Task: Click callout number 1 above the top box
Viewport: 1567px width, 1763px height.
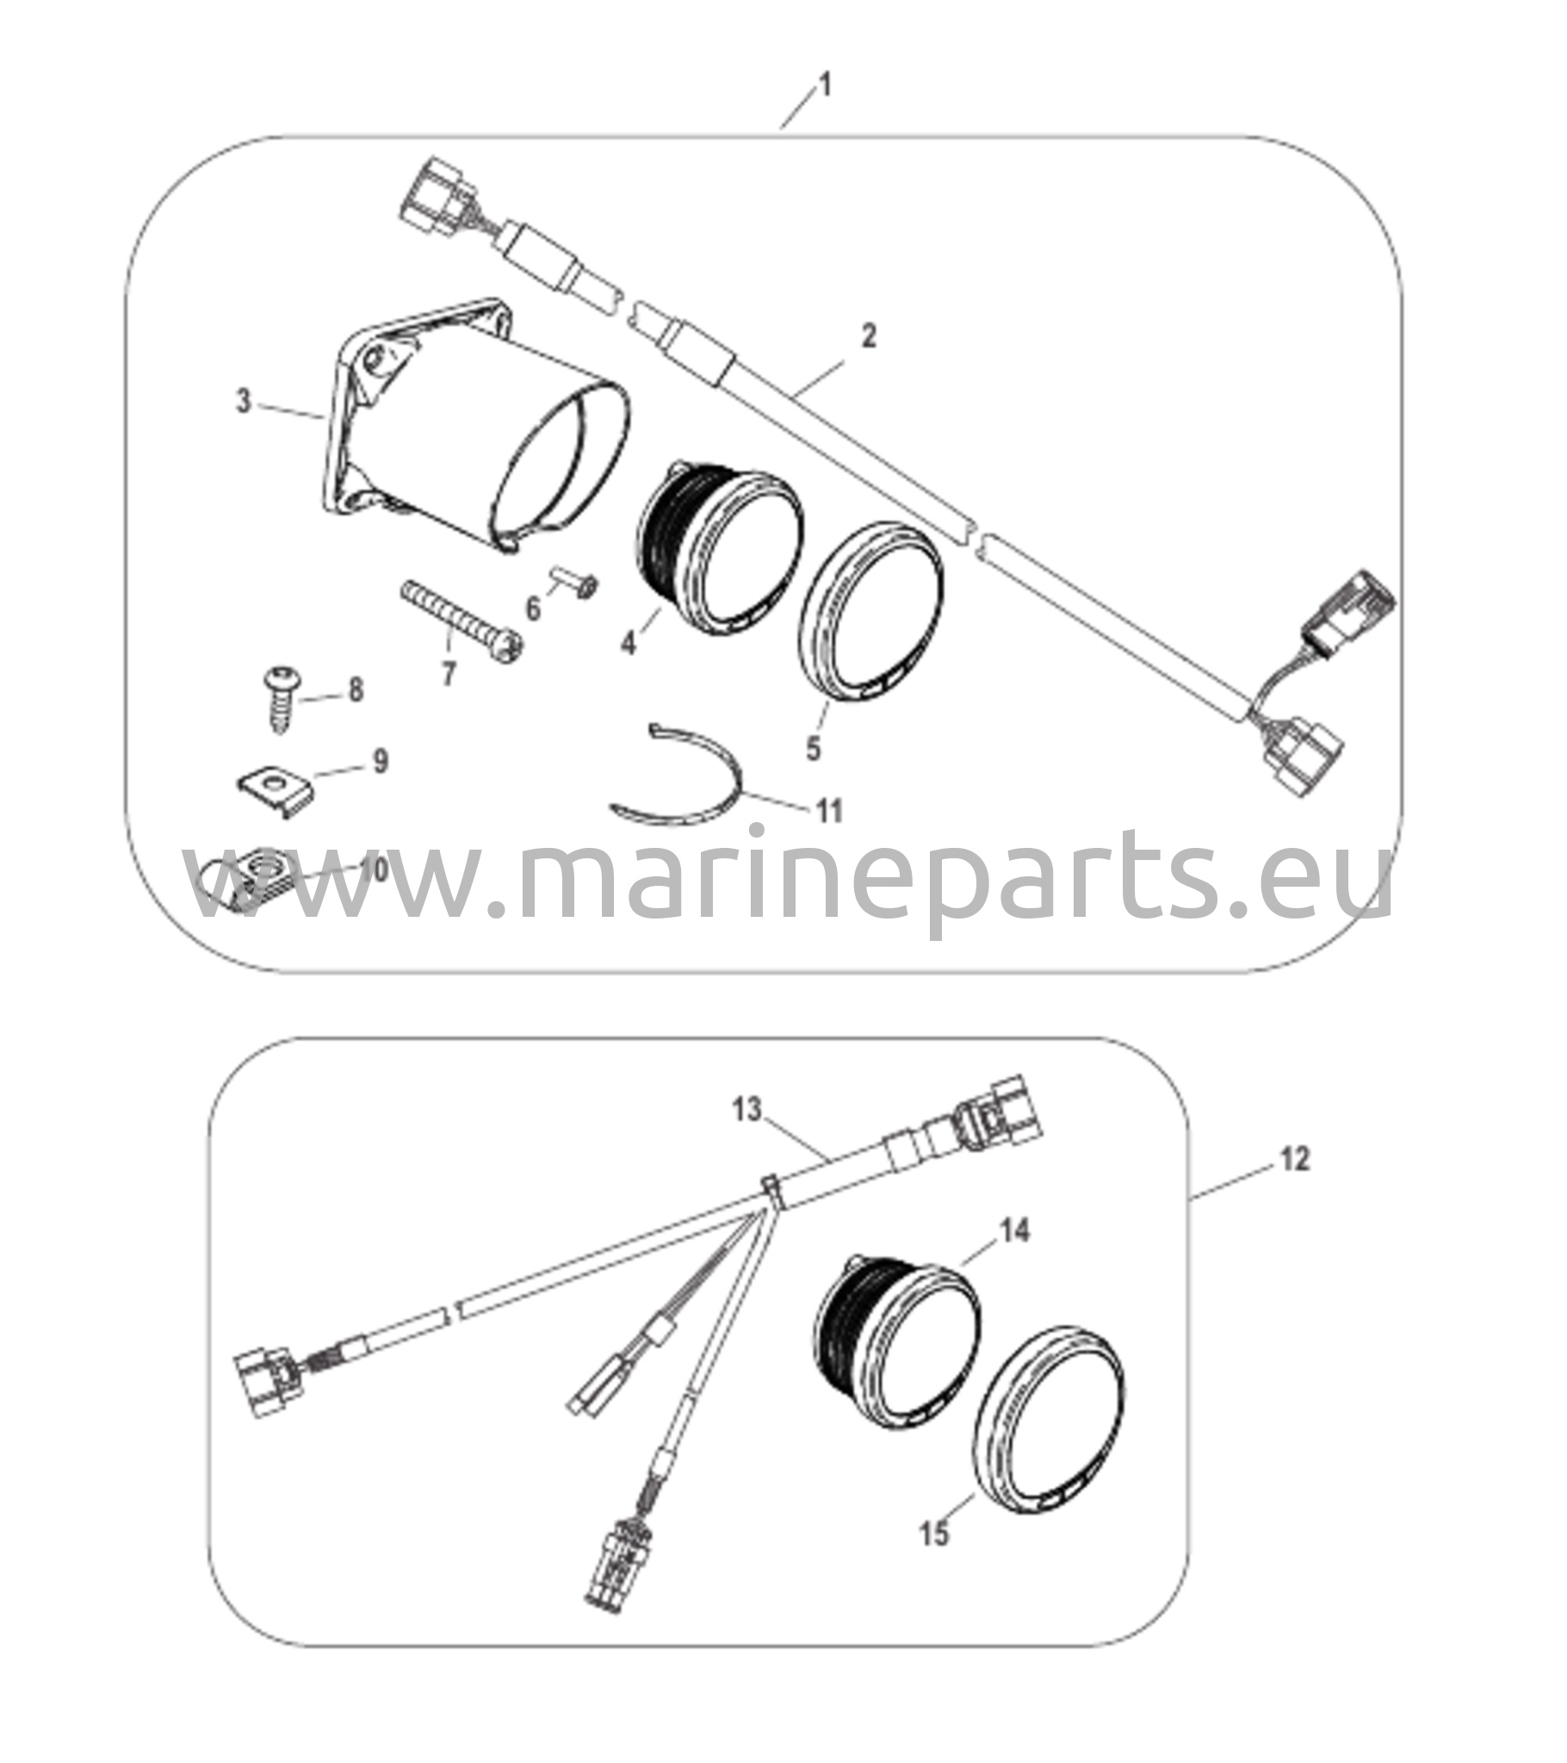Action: pos(825,85)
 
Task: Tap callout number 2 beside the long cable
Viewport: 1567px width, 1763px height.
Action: pos(869,336)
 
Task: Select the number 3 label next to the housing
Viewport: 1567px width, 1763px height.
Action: pos(245,401)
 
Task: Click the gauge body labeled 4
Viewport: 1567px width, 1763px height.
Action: pos(721,546)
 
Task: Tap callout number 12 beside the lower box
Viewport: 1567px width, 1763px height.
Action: pos(1295,1160)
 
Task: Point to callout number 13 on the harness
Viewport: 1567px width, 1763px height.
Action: pos(747,1110)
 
